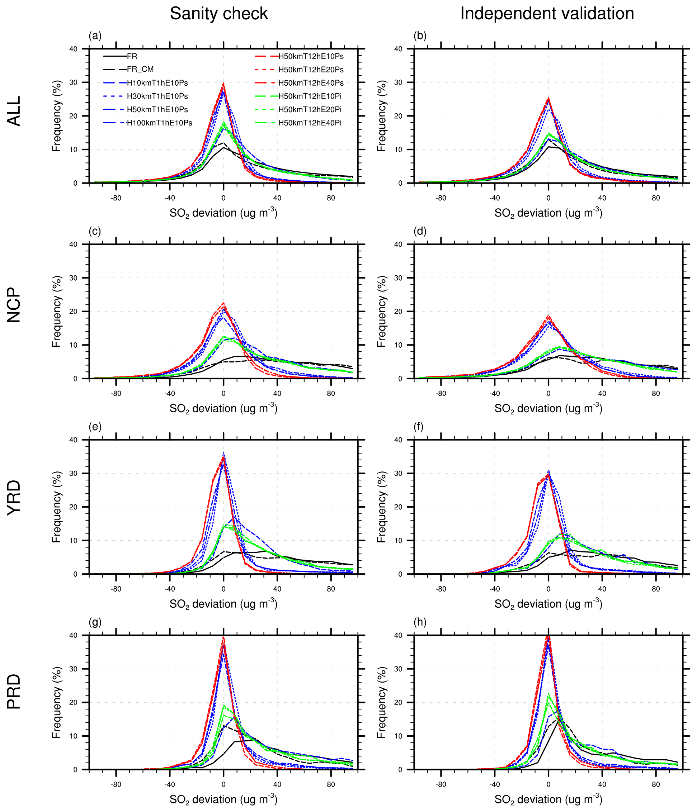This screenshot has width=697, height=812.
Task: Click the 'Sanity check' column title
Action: coord(218,14)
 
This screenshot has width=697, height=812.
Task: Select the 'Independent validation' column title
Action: coord(547,14)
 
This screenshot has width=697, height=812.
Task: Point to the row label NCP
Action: coord(14,305)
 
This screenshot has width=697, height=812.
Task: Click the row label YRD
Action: coord(14,498)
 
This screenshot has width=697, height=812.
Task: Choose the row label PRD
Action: coord(14,692)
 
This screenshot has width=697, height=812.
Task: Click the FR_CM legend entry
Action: coord(140,69)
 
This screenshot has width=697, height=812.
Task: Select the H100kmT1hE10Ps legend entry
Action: coord(159,123)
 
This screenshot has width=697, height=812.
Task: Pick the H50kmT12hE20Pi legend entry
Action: coord(310,110)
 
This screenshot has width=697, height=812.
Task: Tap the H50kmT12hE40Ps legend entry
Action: coord(311,83)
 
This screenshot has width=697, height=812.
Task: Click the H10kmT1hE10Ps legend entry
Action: coord(157,83)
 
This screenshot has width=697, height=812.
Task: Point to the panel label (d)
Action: coord(420,231)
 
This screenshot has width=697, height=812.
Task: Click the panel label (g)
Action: coord(95,622)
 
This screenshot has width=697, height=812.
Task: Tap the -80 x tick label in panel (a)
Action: coord(116,198)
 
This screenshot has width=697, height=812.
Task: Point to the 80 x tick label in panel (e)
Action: coord(331,589)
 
